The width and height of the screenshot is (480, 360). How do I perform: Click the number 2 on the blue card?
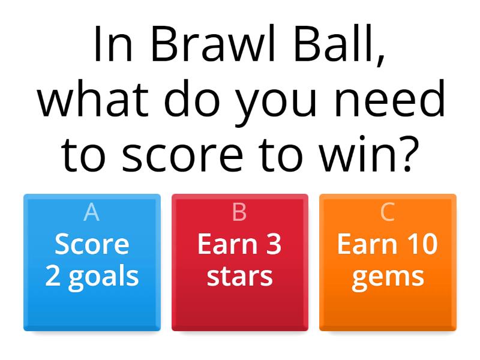[53, 276]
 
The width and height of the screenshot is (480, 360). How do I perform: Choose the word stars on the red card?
[239, 276]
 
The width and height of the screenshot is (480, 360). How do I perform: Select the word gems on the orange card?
[388, 277]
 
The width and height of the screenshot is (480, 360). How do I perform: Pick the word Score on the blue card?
[92, 244]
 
